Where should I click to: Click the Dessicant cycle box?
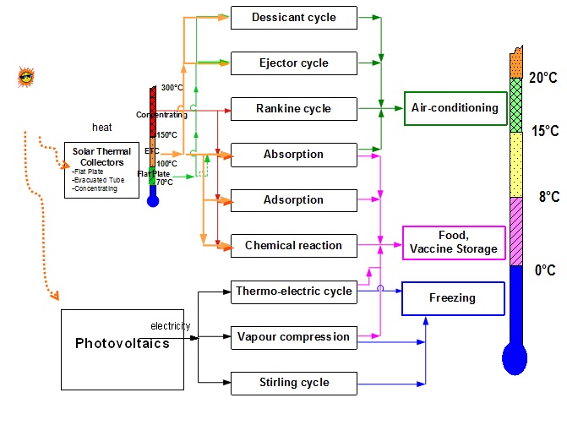(x=293, y=17)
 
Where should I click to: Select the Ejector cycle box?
(x=293, y=63)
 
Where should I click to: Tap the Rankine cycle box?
(x=293, y=108)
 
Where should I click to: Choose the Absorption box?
(x=293, y=155)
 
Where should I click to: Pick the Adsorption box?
(x=293, y=200)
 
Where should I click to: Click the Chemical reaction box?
(x=293, y=246)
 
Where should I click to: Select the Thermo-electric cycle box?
(x=293, y=292)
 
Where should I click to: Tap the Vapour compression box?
(x=293, y=337)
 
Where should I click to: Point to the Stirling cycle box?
(x=293, y=383)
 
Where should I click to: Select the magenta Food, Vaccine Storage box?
(x=455, y=242)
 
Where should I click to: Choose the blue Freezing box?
(x=452, y=298)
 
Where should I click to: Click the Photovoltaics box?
(x=122, y=343)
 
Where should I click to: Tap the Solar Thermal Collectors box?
(x=102, y=170)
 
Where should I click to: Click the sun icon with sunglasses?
(x=25, y=77)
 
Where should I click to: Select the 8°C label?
(x=549, y=197)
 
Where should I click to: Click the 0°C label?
(x=546, y=270)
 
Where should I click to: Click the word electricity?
(x=171, y=325)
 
